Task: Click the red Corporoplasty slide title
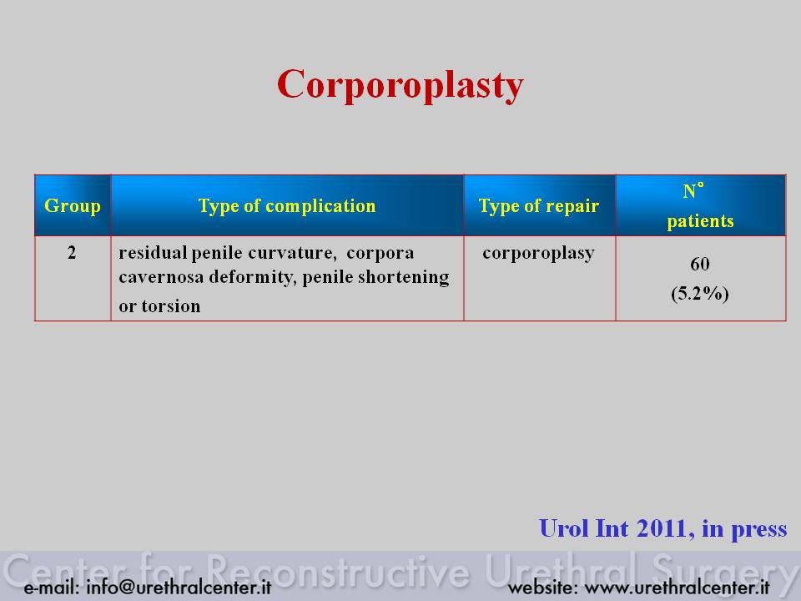pos(400,85)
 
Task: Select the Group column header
pos(73,206)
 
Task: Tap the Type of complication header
pos(287,206)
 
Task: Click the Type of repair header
pos(539,206)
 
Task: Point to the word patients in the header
pos(700,221)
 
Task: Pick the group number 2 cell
pos(72,252)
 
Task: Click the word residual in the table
pos(153,252)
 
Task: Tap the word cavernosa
pos(161,277)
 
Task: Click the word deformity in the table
pos(252,277)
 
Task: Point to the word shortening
pos(404,277)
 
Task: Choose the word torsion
pos(170,306)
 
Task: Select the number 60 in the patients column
pos(700,265)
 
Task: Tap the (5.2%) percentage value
pos(700,293)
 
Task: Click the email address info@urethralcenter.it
pos(179,587)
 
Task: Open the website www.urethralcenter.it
pos(677,588)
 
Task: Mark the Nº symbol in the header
pos(693,190)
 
